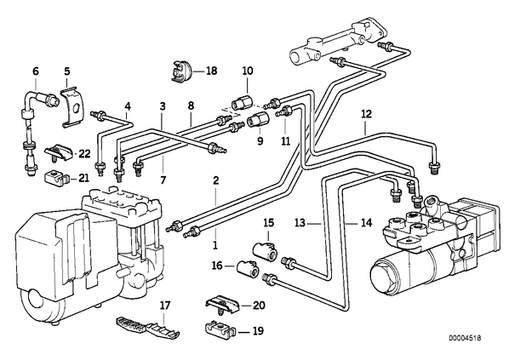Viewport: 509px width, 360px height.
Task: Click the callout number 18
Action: (211, 71)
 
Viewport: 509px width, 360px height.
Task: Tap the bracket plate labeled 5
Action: (72, 106)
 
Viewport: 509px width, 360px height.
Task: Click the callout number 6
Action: (36, 71)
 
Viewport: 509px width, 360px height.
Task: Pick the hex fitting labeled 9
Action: (257, 119)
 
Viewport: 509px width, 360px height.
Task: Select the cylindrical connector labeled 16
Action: (249, 268)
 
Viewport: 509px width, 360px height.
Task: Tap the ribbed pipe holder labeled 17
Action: (148, 327)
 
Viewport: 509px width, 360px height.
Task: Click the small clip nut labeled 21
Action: (56, 178)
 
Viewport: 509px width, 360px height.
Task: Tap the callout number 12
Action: (366, 115)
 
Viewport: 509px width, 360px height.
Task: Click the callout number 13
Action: (300, 223)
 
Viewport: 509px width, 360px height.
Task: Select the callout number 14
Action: (367, 223)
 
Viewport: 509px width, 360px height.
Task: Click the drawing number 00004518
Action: (465, 338)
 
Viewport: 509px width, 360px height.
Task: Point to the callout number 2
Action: (216, 180)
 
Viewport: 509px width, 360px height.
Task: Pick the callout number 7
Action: (163, 180)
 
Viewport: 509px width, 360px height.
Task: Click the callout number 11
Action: (286, 141)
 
